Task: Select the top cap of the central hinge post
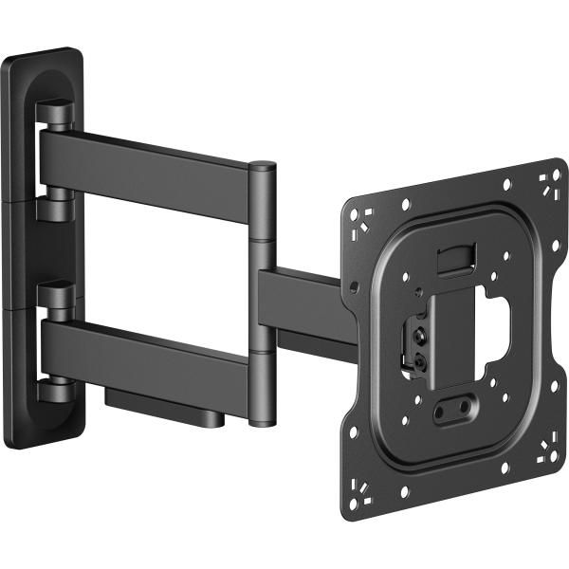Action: (x=262, y=169)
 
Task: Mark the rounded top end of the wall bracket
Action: (x=43, y=59)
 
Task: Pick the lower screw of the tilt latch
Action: (x=418, y=359)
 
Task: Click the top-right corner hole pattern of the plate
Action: (x=547, y=181)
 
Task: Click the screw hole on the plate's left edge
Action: (x=354, y=285)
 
